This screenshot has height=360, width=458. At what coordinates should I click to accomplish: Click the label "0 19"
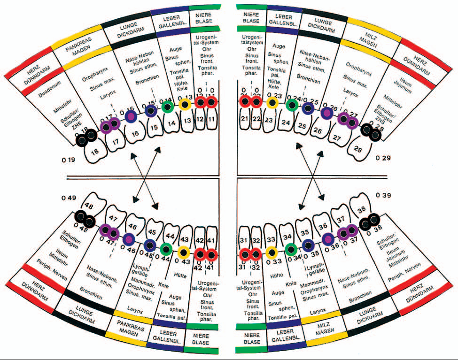pyautogui.click(x=69, y=161)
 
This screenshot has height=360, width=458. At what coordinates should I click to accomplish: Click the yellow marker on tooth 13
pyautogui.click(x=184, y=105)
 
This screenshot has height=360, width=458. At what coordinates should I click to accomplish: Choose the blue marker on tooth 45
pyautogui.click(x=150, y=244)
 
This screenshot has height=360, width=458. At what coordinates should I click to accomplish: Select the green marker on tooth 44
pyautogui.click(x=166, y=248)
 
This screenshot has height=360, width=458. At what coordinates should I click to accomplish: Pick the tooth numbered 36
pyautogui.click(x=323, y=225)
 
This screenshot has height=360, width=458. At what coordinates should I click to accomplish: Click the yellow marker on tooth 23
pyautogui.click(x=271, y=103)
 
